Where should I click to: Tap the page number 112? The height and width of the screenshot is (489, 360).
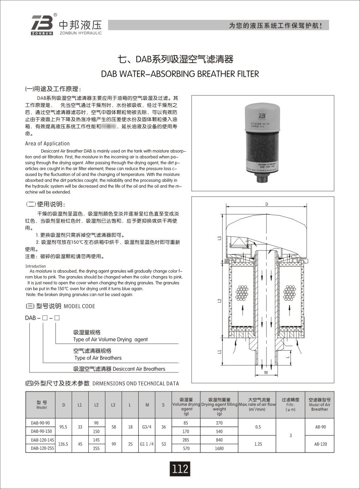(x=180, y=469)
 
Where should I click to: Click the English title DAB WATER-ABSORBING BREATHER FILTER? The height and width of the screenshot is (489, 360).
(x=180, y=74)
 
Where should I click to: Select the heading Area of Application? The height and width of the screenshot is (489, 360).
(x=48, y=143)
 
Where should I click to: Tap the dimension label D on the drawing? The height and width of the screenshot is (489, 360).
(x=267, y=204)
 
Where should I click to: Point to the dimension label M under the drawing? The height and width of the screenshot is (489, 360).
(x=266, y=373)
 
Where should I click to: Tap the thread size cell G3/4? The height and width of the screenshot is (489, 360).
(x=147, y=427)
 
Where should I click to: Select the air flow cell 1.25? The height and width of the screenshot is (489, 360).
(x=258, y=444)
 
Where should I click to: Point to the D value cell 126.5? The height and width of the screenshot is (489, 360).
(x=63, y=444)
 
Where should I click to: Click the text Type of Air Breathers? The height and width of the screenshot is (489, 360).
(x=98, y=358)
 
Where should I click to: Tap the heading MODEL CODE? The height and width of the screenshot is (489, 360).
(x=79, y=306)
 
